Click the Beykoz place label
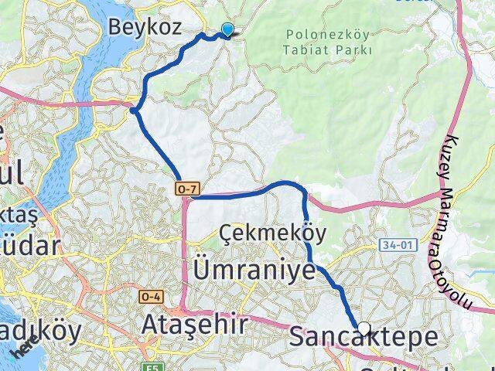pos(145,28)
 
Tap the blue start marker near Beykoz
pos(227,30)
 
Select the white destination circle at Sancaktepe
pos(364,328)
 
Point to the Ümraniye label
pos(254,271)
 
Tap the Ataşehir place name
pos(195,325)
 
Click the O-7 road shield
pos(189,187)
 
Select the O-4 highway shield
pos(150,296)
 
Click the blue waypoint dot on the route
pos(135,111)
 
